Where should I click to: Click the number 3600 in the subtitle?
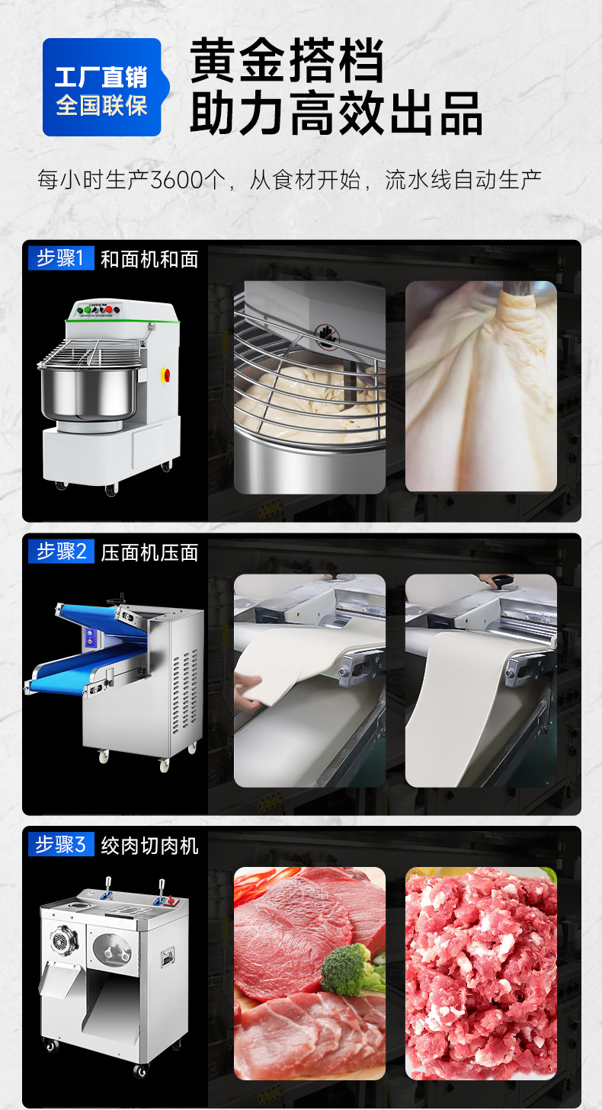click(178, 181)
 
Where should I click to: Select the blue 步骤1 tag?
click(61, 258)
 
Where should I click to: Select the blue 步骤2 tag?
click(61, 552)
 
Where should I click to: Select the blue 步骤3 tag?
click(61, 844)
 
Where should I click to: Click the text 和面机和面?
click(149, 259)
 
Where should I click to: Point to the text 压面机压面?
click(149, 552)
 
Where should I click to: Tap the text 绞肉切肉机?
click(149, 845)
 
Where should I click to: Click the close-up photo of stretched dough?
click(481, 386)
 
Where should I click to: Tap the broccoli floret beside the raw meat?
click(350, 968)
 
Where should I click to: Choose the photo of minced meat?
click(481, 973)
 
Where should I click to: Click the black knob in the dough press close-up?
click(501, 583)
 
